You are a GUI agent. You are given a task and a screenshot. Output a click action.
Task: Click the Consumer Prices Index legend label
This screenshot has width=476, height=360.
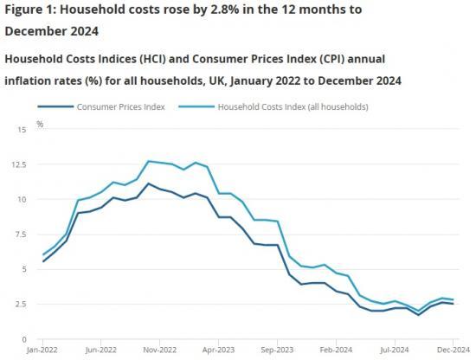click(120, 106)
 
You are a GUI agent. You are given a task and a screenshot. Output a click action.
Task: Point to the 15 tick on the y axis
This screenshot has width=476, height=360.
click(21, 129)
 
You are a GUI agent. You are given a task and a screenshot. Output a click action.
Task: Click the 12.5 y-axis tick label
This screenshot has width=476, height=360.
click(18, 164)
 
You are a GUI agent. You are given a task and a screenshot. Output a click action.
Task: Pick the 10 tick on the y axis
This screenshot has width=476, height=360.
click(21, 199)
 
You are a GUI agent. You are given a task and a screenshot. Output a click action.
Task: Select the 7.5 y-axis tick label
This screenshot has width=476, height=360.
click(21, 234)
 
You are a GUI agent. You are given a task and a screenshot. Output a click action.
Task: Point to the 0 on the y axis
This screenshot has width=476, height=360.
click(23, 338)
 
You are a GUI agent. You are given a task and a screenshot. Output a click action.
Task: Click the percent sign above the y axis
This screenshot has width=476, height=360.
click(40, 125)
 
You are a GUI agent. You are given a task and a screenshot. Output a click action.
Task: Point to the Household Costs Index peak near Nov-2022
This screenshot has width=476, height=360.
click(149, 161)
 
